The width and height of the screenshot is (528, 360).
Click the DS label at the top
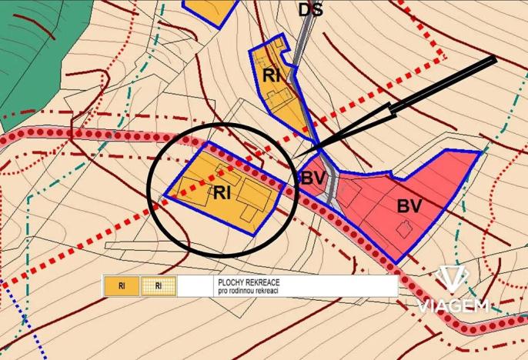(311, 9)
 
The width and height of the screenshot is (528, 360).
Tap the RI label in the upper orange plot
(271, 75)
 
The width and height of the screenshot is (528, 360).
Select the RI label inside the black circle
(223, 192)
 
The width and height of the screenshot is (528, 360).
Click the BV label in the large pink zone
(409, 206)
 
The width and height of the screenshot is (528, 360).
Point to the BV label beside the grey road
(312, 178)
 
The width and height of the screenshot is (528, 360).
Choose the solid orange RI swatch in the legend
(122, 286)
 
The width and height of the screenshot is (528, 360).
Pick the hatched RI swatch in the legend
(159, 286)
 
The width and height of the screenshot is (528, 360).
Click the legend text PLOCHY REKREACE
(248, 282)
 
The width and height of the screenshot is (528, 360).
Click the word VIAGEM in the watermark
(454, 305)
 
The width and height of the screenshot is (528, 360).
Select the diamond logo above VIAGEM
(454, 278)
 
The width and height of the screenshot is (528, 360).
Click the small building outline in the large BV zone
(403, 228)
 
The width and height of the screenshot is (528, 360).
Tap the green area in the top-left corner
(31, 46)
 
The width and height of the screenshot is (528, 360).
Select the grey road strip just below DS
(306, 38)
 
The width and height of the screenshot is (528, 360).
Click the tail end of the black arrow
(495, 58)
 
